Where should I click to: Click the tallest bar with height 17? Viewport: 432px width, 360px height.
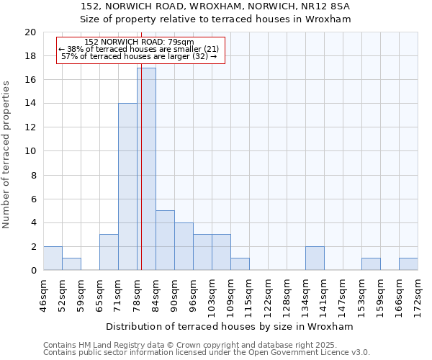coord(146,169)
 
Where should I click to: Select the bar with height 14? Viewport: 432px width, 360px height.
coord(127,187)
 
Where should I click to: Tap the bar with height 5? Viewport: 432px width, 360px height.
coord(165,240)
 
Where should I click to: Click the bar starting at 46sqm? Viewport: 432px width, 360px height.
coord(53,258)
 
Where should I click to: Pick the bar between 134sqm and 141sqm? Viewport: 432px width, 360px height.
coord(315,258)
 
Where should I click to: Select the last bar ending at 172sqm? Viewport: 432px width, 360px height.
coord(408,264)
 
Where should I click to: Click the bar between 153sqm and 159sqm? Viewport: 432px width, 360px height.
coord(371,264)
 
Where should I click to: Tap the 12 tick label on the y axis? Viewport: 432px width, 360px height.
coord(30,127)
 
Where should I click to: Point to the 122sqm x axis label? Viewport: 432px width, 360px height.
coord(269,295)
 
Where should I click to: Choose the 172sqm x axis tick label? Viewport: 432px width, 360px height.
coord(418,295)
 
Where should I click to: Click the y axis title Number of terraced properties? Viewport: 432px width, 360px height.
coord(6,155)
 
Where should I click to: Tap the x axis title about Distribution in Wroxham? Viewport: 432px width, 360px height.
coord(230,326)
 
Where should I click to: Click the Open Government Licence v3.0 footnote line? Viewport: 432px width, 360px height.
coord(206,353)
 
